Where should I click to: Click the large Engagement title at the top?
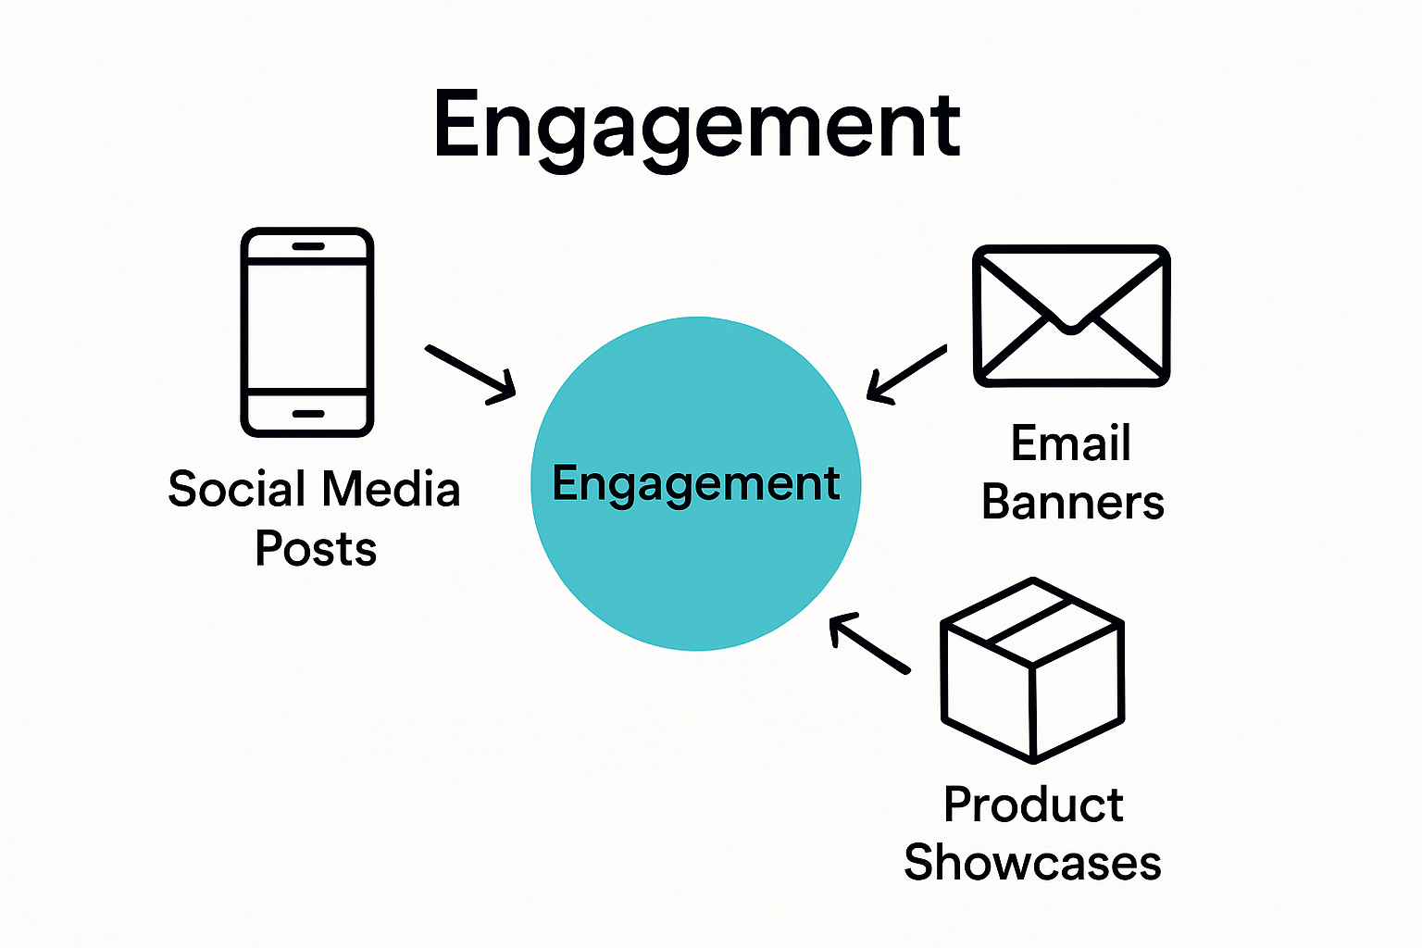[696, 126]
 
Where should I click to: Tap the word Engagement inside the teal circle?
[696, 483]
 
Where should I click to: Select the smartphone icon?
[307, 331]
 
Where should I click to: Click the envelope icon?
[1071, 316]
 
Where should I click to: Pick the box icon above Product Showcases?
[1032, 670]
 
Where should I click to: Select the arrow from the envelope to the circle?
[905, 374]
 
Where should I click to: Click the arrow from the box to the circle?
[868, 643]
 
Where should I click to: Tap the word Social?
[237, 489]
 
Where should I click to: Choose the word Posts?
[316, 549]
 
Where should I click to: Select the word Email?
[1071, 443]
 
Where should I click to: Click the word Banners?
[1072, 503]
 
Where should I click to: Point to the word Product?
[1033, 805]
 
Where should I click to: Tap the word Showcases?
[1032, 863]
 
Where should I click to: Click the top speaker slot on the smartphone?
[307, 246]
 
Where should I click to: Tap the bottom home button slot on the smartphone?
[307, 414]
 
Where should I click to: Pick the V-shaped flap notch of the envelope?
[1071, 326]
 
